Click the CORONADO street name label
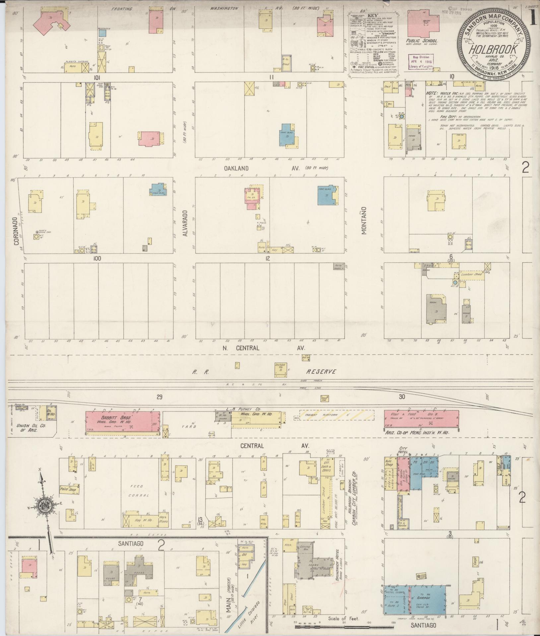[16, 231]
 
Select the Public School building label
[422, 41]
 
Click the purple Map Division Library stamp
[421, 62]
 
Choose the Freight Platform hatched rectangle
[337, 415]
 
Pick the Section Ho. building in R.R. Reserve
[280, 369]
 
